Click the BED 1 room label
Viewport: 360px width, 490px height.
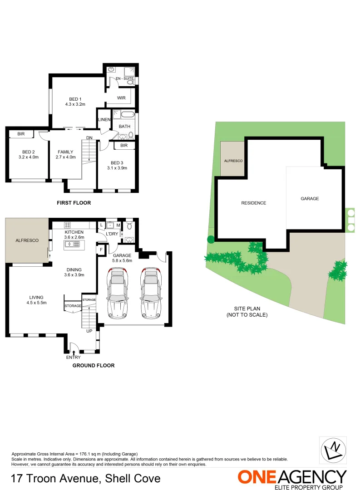75,99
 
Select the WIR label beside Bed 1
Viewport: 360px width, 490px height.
121,98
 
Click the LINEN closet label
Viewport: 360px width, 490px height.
104,120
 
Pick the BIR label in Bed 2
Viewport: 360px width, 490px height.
21,134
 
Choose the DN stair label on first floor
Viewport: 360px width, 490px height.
89,138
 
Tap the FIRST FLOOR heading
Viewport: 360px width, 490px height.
74,203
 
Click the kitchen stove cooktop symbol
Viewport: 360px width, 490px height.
68,225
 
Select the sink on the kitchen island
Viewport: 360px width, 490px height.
69,244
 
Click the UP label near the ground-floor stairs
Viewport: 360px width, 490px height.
89,331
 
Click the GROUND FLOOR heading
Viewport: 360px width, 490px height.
93,365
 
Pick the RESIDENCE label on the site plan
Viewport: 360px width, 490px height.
253,203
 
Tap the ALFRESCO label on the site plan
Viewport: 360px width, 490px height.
233,161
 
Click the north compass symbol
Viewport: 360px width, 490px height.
333,450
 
